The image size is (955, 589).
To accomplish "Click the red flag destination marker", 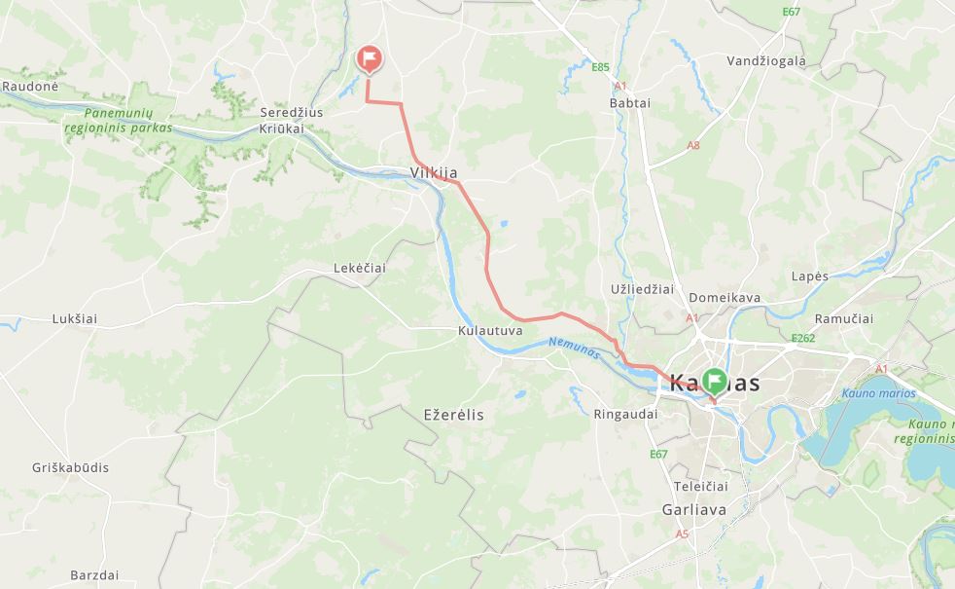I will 369,59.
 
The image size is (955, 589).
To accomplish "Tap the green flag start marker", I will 716,380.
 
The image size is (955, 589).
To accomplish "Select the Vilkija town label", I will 434,173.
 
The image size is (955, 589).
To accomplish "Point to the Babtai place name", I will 629,102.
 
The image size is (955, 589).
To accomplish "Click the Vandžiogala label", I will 766,60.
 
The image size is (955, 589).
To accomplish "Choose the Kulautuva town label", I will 490,330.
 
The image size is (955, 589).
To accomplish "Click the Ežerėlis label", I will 453,415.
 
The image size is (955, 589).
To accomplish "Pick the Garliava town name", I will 693,509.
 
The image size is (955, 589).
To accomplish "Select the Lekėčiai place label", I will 360,268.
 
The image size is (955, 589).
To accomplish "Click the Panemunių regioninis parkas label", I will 119,120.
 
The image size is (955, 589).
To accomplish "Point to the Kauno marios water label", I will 878,394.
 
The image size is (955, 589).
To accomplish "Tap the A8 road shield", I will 693,145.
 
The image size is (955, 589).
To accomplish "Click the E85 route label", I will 600,67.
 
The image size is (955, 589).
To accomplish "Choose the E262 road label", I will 802,339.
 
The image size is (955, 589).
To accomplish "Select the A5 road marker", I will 682,534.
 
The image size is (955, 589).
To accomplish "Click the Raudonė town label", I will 30,86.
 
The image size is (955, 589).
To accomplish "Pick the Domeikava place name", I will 725,298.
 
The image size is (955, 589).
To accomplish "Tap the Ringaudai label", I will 625,414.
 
